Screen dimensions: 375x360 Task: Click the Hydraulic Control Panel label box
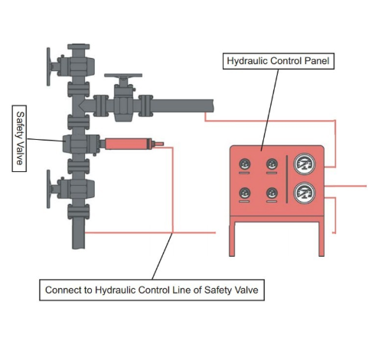coord(279,61)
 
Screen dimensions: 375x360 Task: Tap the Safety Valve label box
coord(19,138)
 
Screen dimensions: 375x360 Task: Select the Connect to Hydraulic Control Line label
coord(152,290)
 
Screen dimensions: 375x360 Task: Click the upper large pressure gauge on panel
coord(305,164)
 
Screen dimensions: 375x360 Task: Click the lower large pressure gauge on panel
coord(305,193)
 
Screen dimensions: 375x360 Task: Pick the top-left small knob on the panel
coord(245,164)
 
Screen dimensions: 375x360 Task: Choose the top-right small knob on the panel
coord(272,164)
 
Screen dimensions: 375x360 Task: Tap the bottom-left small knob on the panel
coord(245,193)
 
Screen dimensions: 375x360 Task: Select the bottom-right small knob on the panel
coord(272,193)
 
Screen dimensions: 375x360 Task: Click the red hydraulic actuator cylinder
coord(128,144)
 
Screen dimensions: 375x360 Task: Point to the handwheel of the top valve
coord(48,66)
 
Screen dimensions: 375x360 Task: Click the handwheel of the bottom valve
coord(48,189)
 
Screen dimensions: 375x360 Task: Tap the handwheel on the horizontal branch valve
coord(123,76)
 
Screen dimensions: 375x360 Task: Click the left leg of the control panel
coord(232,238)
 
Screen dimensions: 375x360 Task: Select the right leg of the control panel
coord(321,238)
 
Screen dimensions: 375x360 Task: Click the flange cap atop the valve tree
coord(79,47)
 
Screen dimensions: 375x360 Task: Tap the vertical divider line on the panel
coord(287,179)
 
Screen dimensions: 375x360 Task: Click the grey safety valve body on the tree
coord(81,144)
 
